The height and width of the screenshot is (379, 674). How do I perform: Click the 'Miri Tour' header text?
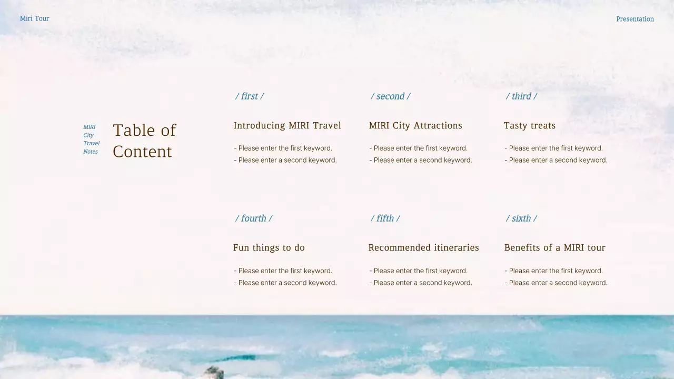(34, 18)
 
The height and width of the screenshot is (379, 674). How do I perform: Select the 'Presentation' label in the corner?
(635, 19)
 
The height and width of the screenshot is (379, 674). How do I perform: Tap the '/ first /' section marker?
(250, 96)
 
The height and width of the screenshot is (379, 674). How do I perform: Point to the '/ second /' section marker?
(390, 96)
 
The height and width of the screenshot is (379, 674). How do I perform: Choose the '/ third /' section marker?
(521, 96)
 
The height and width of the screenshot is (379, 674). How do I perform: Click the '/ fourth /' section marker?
(254, 218)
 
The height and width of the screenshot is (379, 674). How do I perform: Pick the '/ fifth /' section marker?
(385, 218)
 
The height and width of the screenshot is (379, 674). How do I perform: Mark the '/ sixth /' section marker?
(521, 218)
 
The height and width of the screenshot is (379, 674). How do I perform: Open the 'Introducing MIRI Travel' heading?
(287, 126)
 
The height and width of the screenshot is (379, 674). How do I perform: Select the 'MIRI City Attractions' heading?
(415, 126)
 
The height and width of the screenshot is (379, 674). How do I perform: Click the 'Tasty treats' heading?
(530, 126)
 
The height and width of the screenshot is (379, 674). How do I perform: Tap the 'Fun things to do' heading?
(269, 248)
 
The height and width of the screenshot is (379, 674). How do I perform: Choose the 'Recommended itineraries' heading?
(423, 248)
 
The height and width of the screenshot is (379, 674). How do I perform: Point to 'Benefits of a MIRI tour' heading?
(554, 248)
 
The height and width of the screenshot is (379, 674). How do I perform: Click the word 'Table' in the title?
(135, 130)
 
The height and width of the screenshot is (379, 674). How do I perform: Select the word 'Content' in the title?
(142, 152)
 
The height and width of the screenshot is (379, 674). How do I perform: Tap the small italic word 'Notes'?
(91, 152)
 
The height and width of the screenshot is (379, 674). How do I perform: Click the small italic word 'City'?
(88, 135)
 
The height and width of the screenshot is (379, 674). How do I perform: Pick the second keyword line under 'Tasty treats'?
(556, 160)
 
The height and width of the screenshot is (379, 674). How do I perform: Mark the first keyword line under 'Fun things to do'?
(283, 271)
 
